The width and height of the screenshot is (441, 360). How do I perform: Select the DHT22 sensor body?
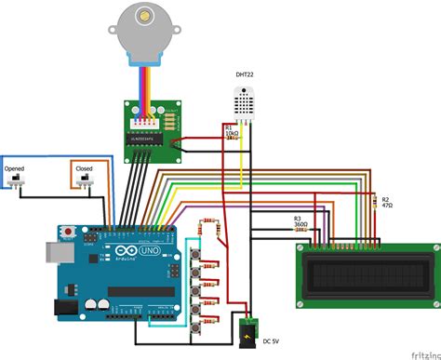[246, 101]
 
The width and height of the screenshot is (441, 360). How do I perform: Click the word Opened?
[15, 170]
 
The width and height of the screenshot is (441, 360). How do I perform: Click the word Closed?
[84, 170]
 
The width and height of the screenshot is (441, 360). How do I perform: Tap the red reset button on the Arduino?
[67, 231]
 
